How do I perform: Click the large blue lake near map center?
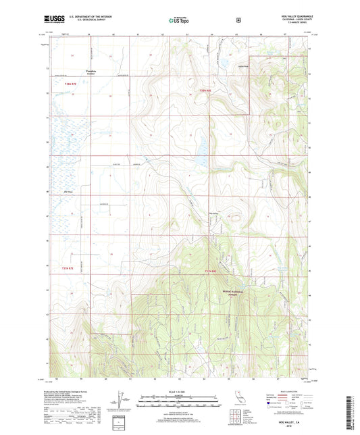[200, 149]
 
